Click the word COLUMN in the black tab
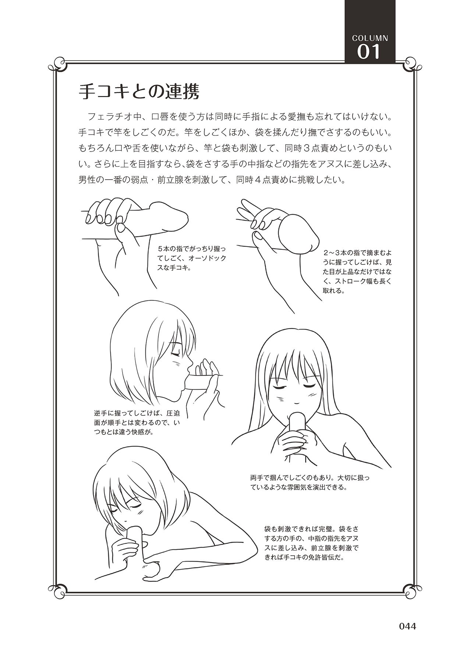click(x=370, y=38)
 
